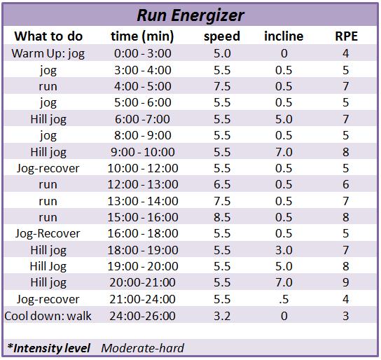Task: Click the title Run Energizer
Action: (190, 15)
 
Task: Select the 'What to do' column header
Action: (48, 36)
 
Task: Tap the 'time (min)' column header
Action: (142, 36)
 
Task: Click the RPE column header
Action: (346, 36)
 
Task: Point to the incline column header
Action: (284, 36)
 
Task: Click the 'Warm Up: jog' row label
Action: (48, 53)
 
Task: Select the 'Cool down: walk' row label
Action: (48, 316)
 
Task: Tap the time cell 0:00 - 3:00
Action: (143, 53)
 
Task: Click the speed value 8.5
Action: (222, 217)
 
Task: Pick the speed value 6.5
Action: (222, 184)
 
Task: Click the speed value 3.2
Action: (222, 316)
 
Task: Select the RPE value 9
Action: (346, 282)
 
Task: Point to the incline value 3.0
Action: (284, 250)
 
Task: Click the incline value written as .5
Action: (284, 299)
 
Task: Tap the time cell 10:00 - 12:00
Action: (143, 168)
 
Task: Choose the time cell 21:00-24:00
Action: (142, 299)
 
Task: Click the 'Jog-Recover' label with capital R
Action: (48, 234)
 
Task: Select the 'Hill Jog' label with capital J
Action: (48, 266)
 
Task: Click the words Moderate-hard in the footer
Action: (143, 348)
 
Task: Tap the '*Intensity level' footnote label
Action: (48, 348)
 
